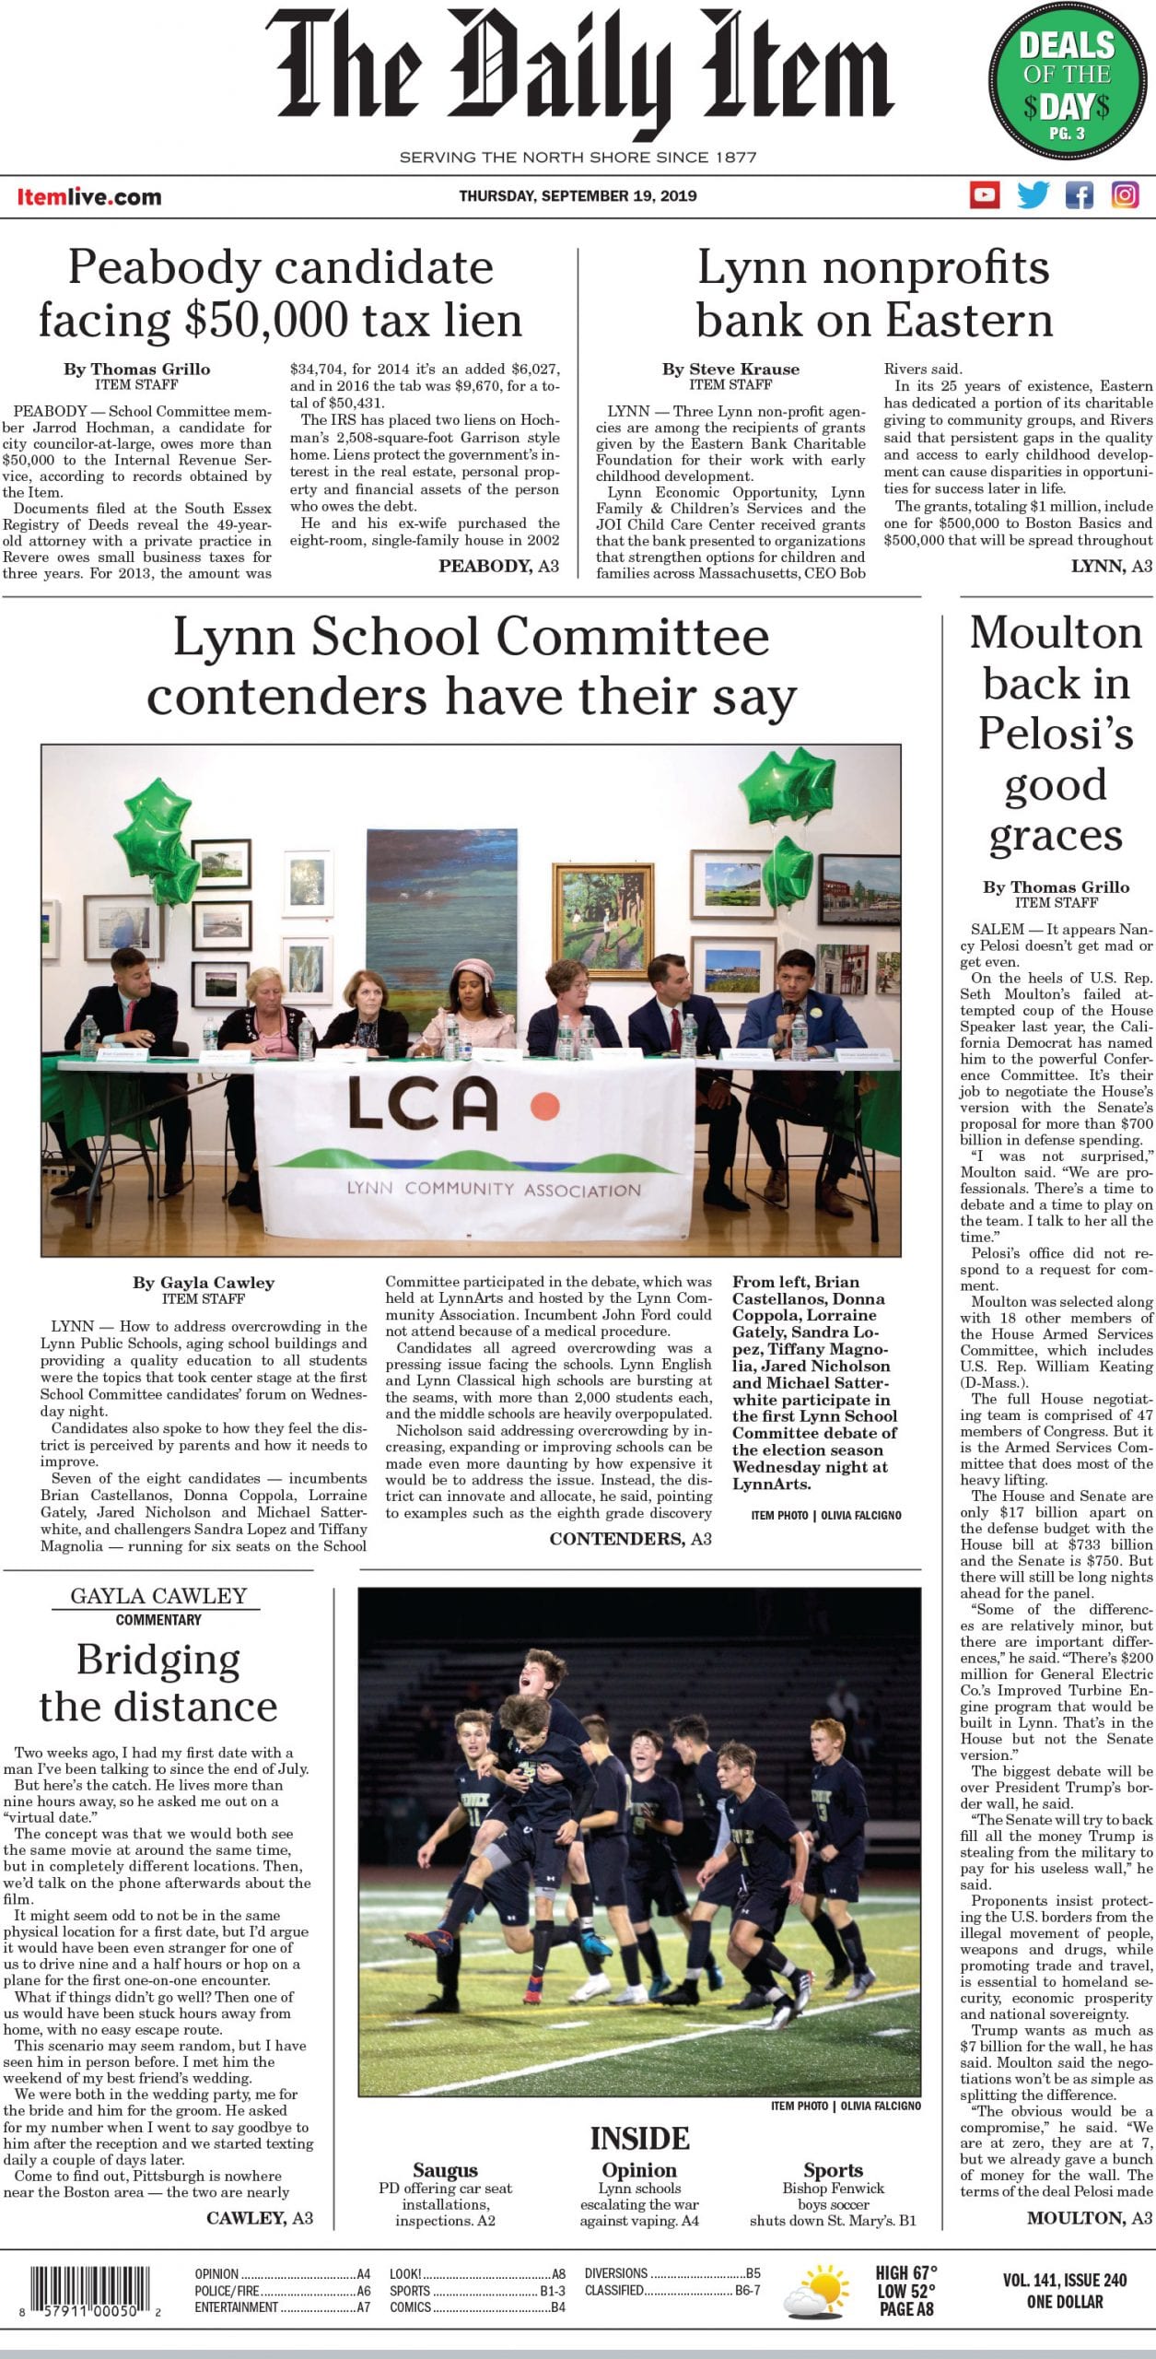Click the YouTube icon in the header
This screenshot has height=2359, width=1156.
click(x=985, y=195)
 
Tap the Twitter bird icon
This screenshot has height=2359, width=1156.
click(x=1033, y=195)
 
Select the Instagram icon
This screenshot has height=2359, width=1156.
click(x=1125, y=195)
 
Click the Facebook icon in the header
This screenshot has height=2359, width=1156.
click(x=1079, y=195)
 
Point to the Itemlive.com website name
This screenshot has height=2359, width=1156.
click(x=89, y=196)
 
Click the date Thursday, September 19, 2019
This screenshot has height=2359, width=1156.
click(x=578, y=195)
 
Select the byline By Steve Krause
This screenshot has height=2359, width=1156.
click(x=730, y=369)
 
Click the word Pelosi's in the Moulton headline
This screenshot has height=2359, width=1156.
click(x=1056, y=734)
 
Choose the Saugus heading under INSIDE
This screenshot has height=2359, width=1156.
click(x=445, y=2170)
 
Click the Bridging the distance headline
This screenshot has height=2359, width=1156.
click(x=158, y=1683)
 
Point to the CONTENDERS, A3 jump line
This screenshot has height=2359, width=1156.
click(x=630, y=1539)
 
